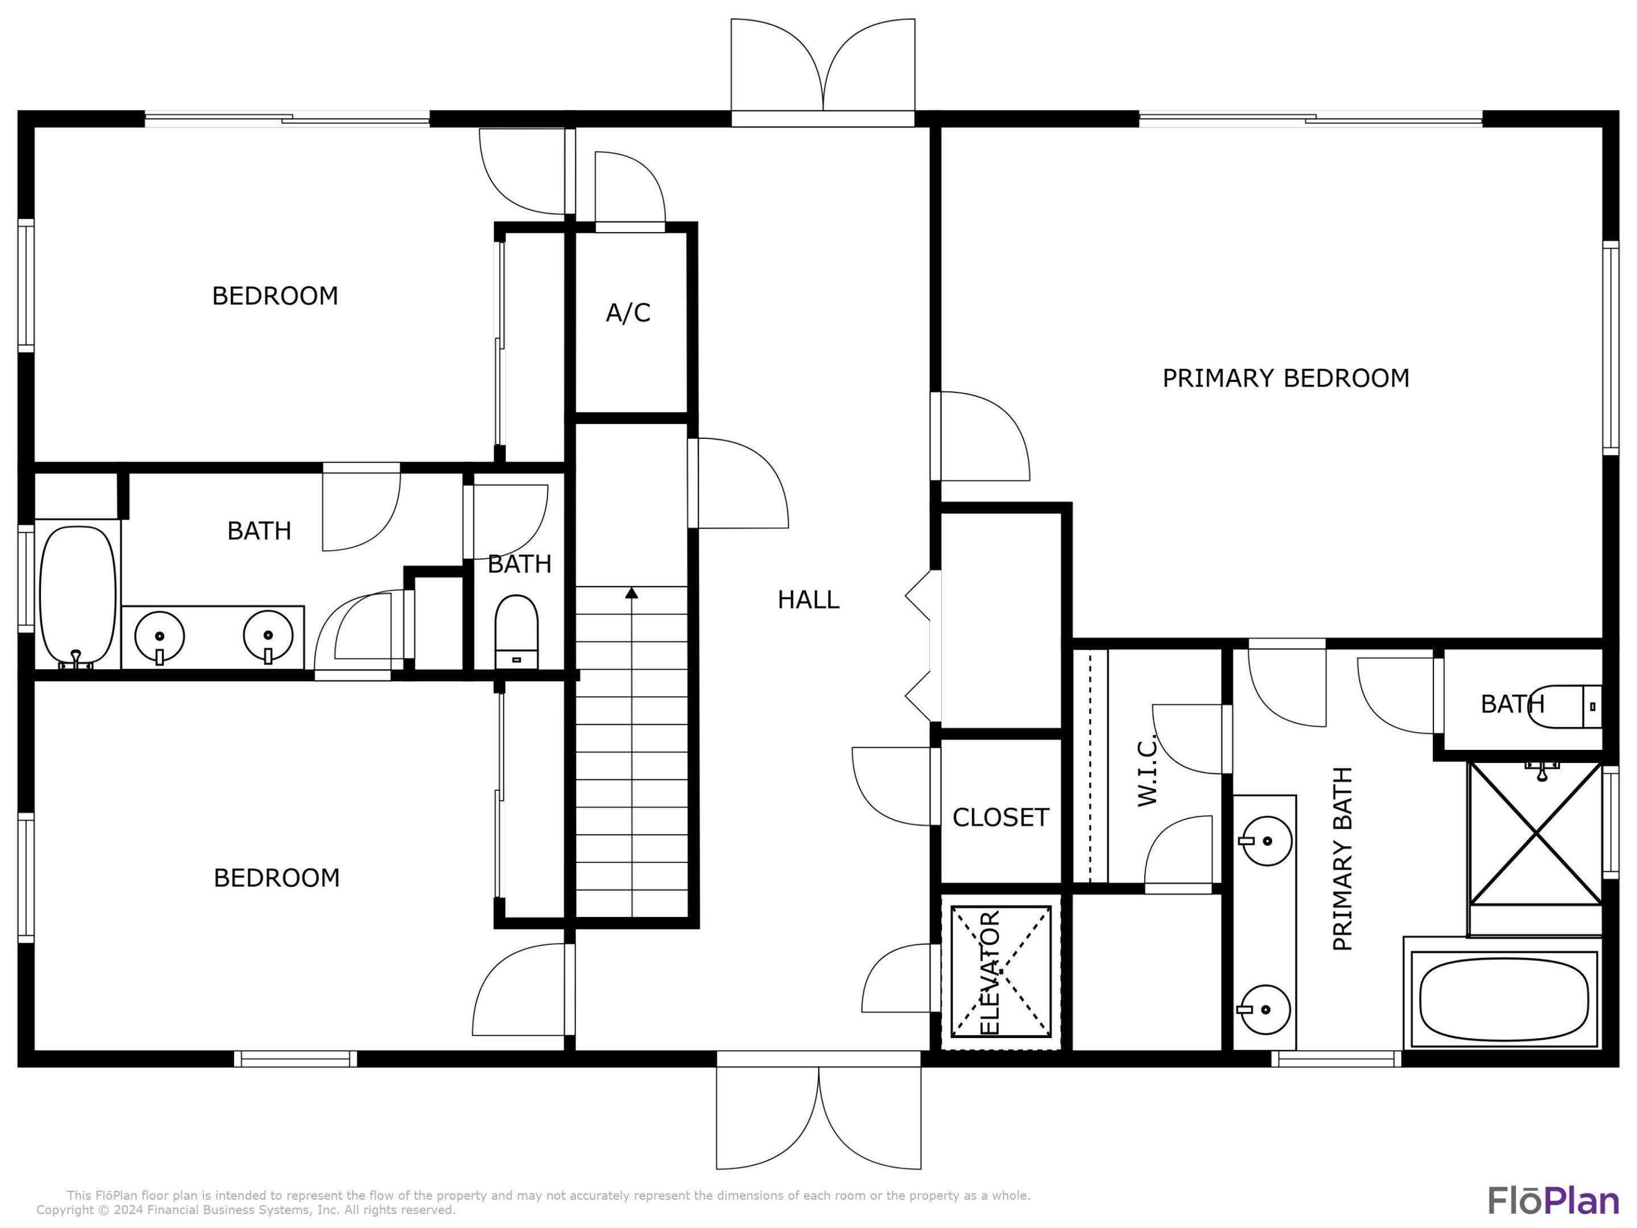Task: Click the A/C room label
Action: point(628,313)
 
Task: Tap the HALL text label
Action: point(808,600)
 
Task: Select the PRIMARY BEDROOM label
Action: point(1286,378)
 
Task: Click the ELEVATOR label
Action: point(990,973)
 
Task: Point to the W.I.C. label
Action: point(1146,770)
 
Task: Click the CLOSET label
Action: point(1000,817)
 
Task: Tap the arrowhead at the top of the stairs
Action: point(631,593)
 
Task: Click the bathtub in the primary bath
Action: point(1503,1000)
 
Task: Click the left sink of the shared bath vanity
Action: point(159,636)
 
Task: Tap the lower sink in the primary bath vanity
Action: point(1265,1009)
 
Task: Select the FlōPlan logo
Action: point(1553,1201)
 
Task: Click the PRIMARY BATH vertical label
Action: point(1342,858)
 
